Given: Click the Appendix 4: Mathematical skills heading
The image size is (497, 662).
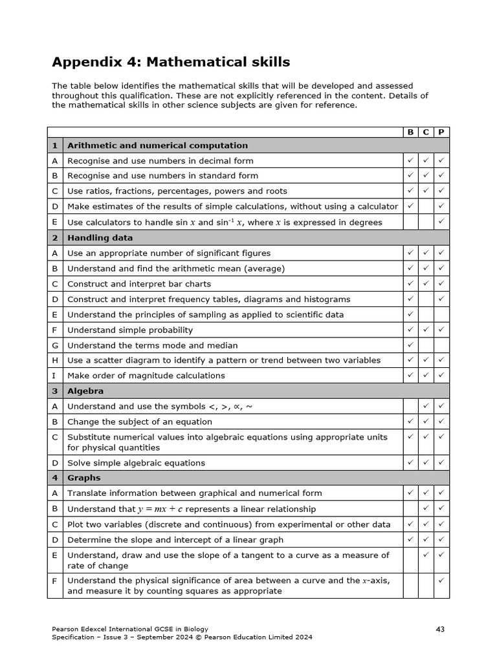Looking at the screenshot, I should coord(171,62).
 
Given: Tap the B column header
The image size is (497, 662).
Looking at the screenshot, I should coord(410,132).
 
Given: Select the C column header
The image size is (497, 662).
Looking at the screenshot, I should coord(426,132).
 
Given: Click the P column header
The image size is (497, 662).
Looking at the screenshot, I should coord(441,132).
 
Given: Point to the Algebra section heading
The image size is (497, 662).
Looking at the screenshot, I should coord(85,391).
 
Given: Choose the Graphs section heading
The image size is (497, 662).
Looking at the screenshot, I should coord(84,478).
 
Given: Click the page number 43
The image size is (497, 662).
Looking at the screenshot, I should coord(439,629).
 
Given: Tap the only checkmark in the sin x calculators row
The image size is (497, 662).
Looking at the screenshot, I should coord(441,222).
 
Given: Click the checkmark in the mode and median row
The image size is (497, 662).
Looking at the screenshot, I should coord(410,345).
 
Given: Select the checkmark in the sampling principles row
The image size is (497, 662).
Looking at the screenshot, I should coord(410,314).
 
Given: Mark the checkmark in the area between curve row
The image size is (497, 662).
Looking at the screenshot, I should coord(441,581).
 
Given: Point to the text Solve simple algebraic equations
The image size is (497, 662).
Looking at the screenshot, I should coord(136,463).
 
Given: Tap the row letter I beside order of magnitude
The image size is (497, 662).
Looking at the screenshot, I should coord(54,376).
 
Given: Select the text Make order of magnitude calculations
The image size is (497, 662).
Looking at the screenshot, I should coord(146,376).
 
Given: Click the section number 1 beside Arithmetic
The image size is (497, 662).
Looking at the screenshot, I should coord(54,145).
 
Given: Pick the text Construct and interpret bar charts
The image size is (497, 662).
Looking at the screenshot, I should coord(139,284).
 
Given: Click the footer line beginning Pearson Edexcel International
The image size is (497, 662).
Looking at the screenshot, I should coord(130,629).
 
